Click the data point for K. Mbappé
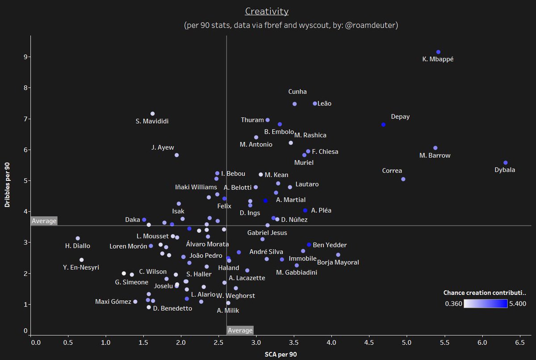[438, 52]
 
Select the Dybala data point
[505, 163]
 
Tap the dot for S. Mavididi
[153, 114]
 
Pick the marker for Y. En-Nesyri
[81, 260]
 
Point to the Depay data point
[383, 125]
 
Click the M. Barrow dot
[435, 148]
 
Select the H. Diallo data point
[78, 239]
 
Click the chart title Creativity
[267, 11]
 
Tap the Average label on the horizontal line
[44, 221]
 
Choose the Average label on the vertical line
[240, 331]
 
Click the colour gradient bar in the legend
[486, 304]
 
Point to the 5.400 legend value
[518, 304]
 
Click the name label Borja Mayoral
[338, 263]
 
